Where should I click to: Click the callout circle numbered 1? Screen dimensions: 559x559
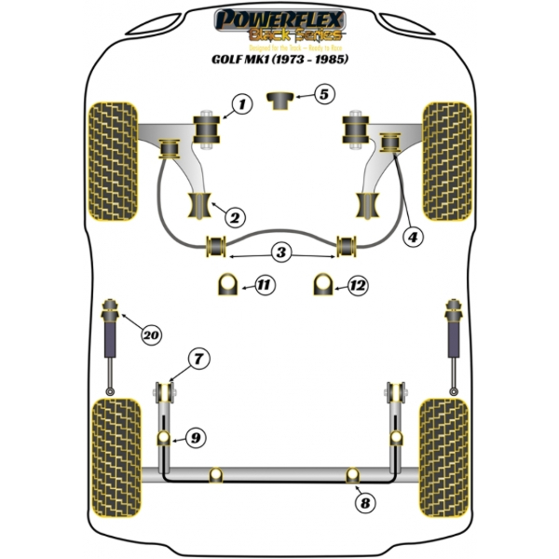click(x=240, y=105)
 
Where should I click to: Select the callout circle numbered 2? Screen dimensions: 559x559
click(x=234, y=218)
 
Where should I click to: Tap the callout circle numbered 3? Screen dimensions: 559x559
click(x=280, y=251)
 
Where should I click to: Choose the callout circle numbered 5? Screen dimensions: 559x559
click(x=321, y=94)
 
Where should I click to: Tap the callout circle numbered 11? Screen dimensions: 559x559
click(x=265, y=285)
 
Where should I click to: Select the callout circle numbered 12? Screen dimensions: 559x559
click(x=358, y=285)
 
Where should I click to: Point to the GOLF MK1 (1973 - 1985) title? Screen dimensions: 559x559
click(x=280, y=64)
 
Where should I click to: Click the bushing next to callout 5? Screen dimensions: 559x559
click(x=279, y=98)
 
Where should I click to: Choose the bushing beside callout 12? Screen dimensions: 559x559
click(x=322, y=283)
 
